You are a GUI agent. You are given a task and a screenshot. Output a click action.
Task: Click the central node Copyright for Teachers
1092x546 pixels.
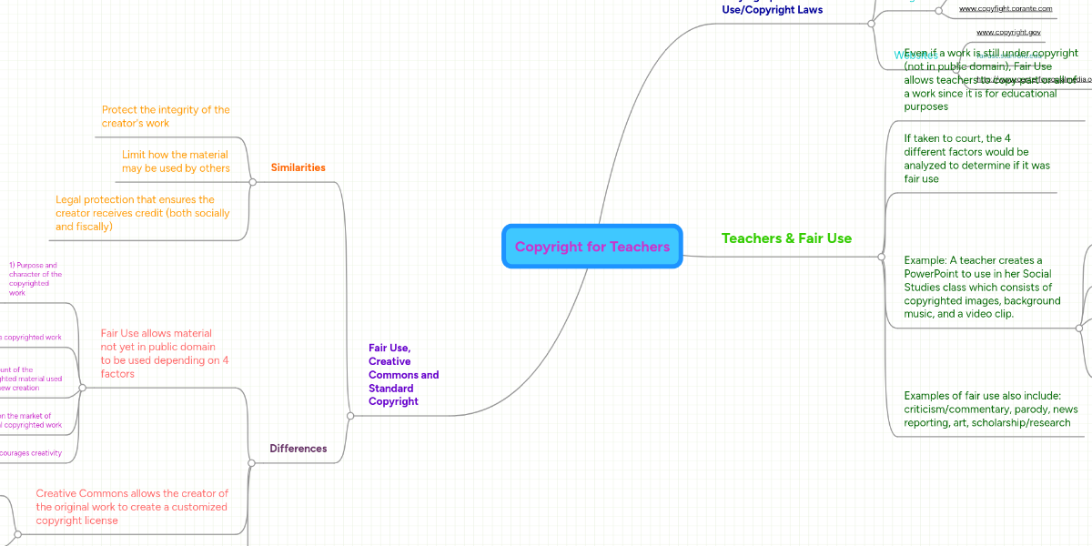[591, 247]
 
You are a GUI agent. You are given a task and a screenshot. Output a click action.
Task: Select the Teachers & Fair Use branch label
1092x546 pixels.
[786, 238]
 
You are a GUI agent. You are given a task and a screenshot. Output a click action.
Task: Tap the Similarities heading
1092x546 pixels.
[298, 167]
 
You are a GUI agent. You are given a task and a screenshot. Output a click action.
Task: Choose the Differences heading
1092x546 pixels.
[298, 448]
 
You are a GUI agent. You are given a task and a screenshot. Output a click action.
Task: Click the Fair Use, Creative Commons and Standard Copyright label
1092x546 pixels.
[403, 374]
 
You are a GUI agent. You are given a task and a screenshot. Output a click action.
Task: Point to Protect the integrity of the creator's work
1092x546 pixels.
[165, 116]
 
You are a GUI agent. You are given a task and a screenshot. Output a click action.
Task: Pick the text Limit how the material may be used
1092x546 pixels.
[175, 161]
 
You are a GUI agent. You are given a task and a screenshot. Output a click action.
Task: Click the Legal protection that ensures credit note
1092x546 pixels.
[142, 213]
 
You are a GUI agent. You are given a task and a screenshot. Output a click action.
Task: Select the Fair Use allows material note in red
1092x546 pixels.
[165, 353]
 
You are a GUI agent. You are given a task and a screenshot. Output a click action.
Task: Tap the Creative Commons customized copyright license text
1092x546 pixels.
[132, 507]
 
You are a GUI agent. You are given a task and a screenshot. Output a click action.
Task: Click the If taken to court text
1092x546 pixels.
[976, 158]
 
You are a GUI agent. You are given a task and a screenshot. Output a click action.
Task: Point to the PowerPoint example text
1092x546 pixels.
[982, 287]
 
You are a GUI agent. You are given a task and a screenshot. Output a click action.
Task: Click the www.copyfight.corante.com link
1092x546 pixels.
[1006, 8]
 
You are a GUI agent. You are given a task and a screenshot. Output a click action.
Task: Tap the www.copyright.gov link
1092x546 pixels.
[1008, 32]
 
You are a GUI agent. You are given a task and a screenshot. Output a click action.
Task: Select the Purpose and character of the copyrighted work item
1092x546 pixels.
[35, 279]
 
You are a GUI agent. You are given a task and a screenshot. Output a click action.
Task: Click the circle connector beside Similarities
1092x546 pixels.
[252, 182]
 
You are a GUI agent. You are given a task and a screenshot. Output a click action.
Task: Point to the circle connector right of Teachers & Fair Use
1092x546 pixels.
[881, 257]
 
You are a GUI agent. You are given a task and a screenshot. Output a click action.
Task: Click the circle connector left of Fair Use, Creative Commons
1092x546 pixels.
[350, 416]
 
